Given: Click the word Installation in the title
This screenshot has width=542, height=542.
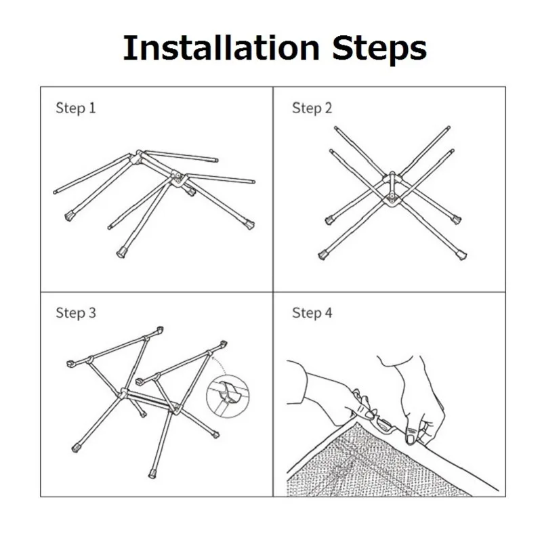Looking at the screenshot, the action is pos(222,47).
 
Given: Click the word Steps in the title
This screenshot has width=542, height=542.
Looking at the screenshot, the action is pos(379,50).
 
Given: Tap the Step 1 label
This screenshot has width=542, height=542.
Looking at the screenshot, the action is pos(76,108).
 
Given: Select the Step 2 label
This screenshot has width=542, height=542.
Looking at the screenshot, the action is pos(312,108).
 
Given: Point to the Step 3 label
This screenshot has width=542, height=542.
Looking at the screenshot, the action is pos(76,313).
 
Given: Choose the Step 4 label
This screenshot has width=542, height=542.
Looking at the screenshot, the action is pos(312,313).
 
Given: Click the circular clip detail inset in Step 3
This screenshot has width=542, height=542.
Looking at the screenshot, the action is pos(228,396).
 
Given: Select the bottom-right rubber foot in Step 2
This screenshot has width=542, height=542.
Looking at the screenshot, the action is pos(461,255).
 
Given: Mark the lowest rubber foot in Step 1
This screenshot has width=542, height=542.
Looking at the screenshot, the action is pos(121,253).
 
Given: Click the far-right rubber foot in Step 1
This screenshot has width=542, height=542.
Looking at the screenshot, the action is pos(249,224).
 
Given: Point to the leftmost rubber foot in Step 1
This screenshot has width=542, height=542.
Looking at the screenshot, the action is pos(70,216).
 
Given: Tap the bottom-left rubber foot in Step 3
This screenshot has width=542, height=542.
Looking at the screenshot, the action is pos(75,449).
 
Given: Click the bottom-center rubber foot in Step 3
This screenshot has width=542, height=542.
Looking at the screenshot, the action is pos(152,474).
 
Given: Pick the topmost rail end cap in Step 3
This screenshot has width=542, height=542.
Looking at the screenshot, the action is pos(160,329).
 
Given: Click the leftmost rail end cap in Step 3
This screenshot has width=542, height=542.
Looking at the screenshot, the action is pos(70,364).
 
